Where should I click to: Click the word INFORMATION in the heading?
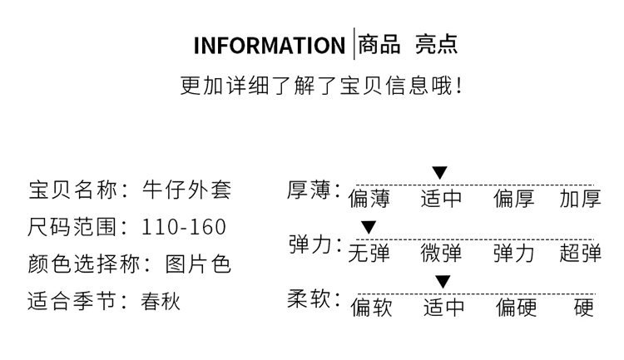[x=268, y=45]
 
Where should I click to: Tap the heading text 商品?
[x=379, y=44]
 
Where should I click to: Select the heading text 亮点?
[x=436, y=44]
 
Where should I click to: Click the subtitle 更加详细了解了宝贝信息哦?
[x=321, y=86]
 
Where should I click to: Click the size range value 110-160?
[x=184, y=227]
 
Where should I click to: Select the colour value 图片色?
[x=196, y=264]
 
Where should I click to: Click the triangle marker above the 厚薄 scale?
[x=439, y=173]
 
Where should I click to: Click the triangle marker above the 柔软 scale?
[x=443, y=281]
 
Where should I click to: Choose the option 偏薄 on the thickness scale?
[x=369, y=200]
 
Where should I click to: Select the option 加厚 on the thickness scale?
[x=580, y=200]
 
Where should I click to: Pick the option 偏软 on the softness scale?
[x=370, y=308]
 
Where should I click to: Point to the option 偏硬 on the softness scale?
[x=516, y=308]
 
